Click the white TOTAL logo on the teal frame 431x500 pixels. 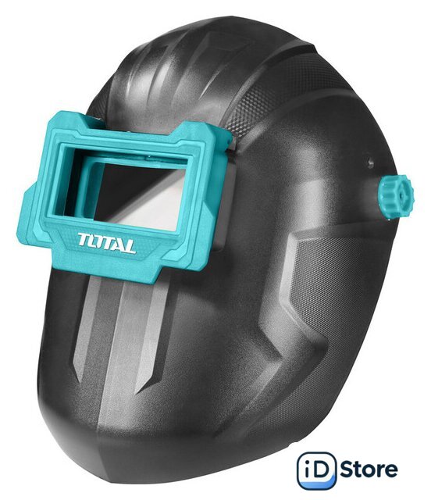click(x=106, y=243)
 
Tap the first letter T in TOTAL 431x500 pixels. click(x=84, y=238)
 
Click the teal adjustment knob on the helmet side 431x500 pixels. click(x=396, y=198)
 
